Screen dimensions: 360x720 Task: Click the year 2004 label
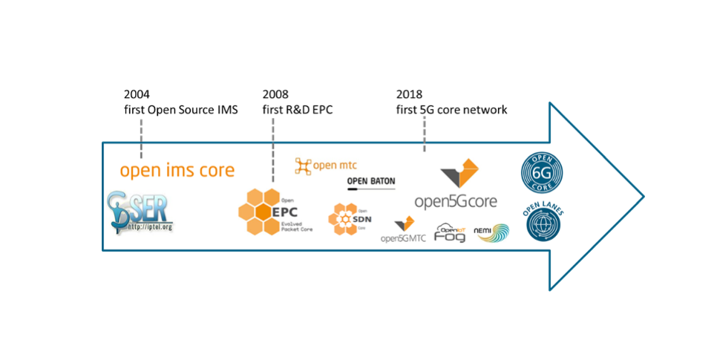pos(137,95)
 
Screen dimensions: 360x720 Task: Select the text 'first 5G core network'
pos(451,110)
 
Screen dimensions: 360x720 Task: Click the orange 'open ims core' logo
pos(177,171)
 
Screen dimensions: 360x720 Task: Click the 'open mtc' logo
pos(327,166)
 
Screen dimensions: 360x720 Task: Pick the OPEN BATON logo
pos(370,183)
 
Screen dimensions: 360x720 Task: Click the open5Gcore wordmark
pos(456,201)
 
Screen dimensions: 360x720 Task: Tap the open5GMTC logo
pos(403,231)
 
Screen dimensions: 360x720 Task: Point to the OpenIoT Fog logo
pos(451,233)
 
